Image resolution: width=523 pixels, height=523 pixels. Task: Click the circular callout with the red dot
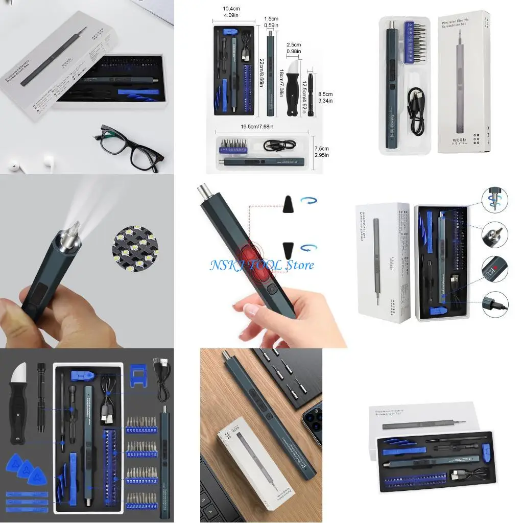click(494, 268)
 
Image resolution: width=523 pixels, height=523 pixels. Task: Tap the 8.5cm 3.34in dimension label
click(326, 97)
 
